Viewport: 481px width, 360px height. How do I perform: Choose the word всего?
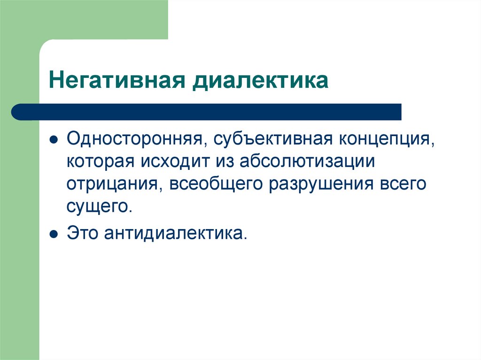[403, 184]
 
